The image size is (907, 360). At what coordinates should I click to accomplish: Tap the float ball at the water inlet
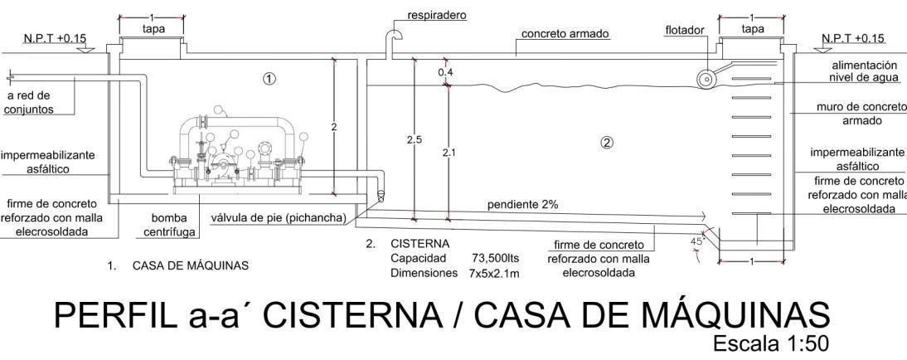point(706,79)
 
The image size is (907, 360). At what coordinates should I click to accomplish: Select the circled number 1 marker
point(269,78)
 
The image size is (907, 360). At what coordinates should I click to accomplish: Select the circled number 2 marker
point(606,142)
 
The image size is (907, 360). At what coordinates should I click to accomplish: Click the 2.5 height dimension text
point(414,140)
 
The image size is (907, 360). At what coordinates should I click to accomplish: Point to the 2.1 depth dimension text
point(448,153)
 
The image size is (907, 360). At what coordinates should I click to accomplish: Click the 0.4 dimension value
point(446,72)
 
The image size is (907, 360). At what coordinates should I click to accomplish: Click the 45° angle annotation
point(697,241)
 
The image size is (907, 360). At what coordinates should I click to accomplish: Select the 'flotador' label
point(684,31)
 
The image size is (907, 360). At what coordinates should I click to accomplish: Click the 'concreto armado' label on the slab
point(565,34)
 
